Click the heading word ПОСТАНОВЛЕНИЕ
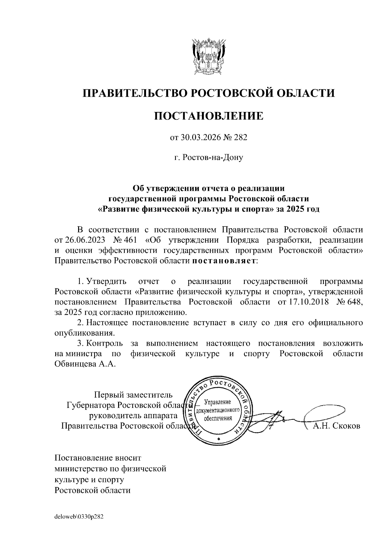coord(209,116)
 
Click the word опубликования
coord(84,333)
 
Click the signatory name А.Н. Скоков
coord(337,426)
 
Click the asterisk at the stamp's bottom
coord(218,439)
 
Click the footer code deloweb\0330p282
coord(79,517)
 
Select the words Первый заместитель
coord(134,395)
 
